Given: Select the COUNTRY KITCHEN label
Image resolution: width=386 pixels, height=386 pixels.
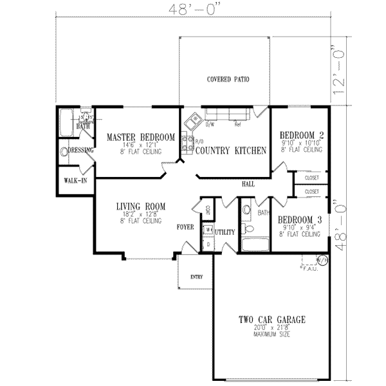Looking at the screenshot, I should (231, 151).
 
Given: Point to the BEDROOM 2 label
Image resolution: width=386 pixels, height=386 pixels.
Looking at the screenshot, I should (301, 135).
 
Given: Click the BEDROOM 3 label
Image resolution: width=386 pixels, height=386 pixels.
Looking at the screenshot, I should (300, 219).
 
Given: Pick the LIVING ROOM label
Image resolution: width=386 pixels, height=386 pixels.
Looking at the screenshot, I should (141, 207).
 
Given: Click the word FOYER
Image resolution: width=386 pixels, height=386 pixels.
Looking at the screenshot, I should (187, 226).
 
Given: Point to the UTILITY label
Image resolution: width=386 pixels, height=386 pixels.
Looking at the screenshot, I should (225, 232).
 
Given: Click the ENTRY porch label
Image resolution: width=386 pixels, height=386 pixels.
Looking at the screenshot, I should (196, 277).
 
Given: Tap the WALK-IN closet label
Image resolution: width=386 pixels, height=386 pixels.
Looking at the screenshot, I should (75, 180).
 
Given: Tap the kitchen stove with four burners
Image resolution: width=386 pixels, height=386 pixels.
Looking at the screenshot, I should (187, 142).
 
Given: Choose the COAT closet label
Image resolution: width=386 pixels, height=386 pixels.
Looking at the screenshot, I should (207, 208).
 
